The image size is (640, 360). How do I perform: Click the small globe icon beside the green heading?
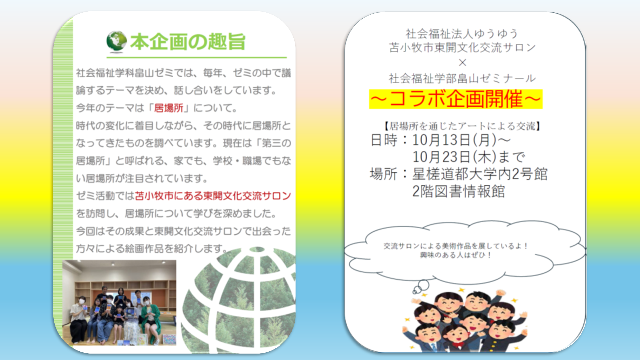(116, 42)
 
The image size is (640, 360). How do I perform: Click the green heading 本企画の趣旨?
(188, 42)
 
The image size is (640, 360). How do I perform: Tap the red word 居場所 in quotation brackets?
(169, 108)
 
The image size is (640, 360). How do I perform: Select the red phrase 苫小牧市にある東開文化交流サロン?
(213, 196)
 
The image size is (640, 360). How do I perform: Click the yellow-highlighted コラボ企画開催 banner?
(456, 99)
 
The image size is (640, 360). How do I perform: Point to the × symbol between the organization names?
(462, 62)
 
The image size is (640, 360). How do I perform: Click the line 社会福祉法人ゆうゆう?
(462, 34)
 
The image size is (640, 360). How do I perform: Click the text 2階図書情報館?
(459, 191)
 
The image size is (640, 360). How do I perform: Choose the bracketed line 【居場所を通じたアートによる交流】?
(462, 126)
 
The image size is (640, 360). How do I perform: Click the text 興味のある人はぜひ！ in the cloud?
(456, 255)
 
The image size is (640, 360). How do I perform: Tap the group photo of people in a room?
(119, 303)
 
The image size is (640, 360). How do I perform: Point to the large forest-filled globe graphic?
(238, 300)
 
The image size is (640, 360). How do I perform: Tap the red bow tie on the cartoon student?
(458, 343)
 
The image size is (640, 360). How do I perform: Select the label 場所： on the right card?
(389, 174)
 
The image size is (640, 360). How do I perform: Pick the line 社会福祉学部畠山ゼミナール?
(462, 78)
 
